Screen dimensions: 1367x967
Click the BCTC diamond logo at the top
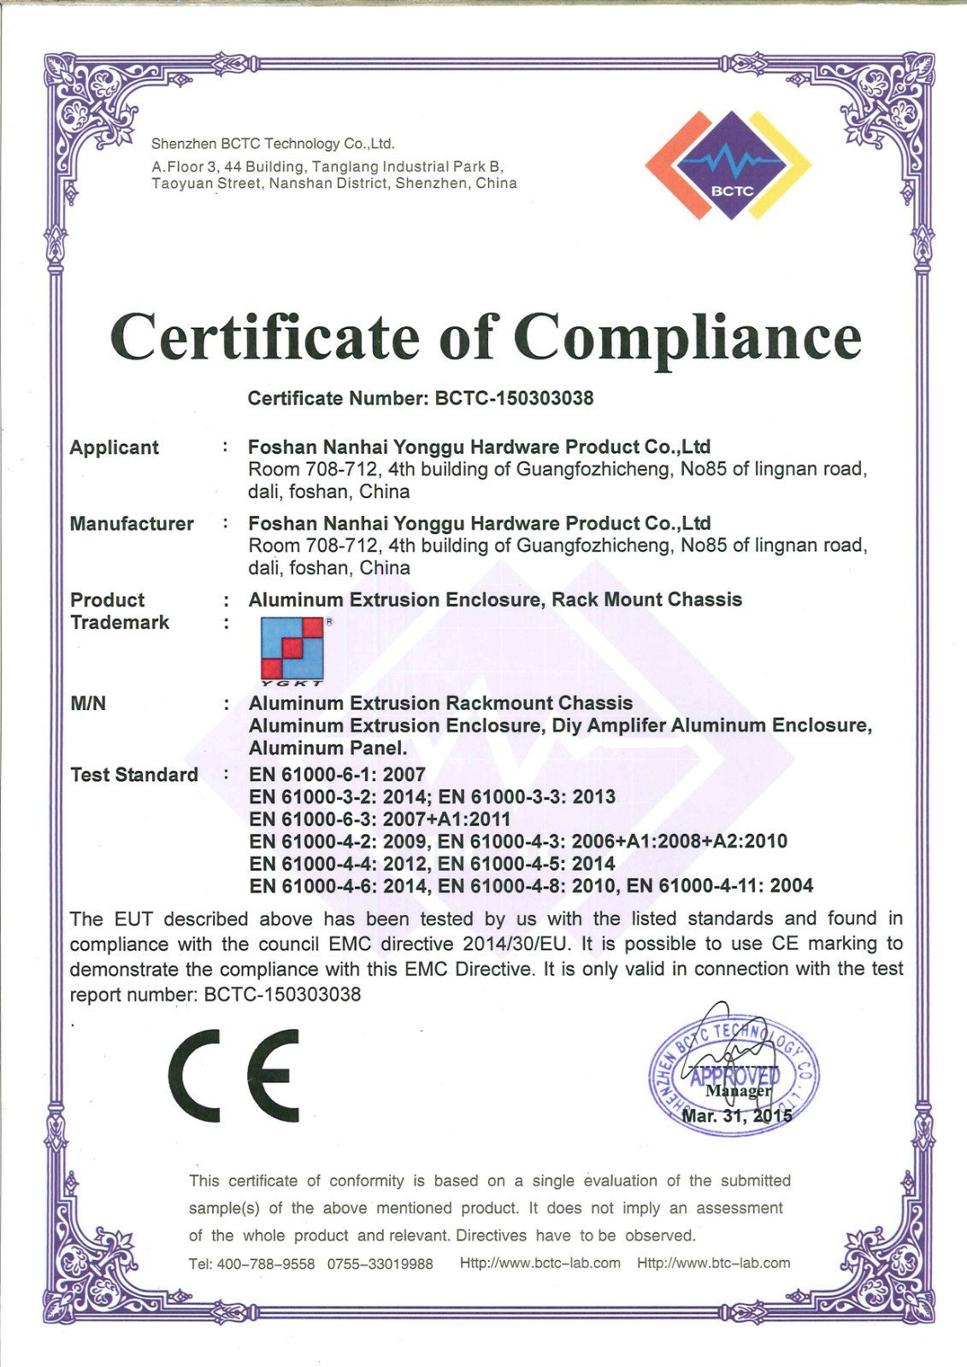[728, 165]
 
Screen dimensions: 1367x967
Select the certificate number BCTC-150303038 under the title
[514, 398]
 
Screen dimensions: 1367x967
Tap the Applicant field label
[114, 448]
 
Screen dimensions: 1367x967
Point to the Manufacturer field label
[132, 524]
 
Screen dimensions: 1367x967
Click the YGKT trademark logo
[292, 650]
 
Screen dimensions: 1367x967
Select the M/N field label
[88, 704]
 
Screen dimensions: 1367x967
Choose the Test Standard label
[133, 775]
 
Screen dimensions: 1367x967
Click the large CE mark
[233, 1076]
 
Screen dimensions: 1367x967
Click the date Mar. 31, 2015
[737, 1116]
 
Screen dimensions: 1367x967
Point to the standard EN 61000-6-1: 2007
[337, 775]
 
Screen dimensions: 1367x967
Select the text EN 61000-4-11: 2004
[720, 886]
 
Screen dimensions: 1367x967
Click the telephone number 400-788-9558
[266, 1264]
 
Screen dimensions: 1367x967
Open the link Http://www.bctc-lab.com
[540, 1263]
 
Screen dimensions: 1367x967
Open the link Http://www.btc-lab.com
[713, 1263]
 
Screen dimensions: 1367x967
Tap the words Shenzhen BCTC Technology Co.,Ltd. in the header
[273, 144]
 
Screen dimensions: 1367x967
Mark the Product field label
[107, 600]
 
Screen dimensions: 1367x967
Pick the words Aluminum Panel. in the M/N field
[327, 748]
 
